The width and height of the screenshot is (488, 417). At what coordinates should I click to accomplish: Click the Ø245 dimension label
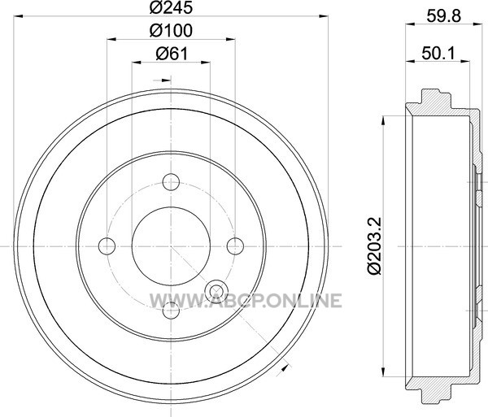[x=171, y=7]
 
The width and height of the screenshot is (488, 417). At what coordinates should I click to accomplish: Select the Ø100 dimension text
[x=171, y=30]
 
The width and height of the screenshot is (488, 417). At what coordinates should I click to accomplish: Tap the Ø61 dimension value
[x=172, y=54]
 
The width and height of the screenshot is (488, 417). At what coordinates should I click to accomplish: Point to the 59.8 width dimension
[x=443, y=16]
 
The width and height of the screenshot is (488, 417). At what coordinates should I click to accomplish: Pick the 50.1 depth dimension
[x=438, y=54]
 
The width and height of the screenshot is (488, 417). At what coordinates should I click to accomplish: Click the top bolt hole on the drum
[x=171, y=182]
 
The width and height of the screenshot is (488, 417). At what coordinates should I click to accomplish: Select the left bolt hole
[x=107, y=246]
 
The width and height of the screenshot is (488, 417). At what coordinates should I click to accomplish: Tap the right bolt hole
[x=235, y=246]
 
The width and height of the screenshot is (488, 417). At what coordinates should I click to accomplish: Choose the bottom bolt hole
[x=171, y=311]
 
